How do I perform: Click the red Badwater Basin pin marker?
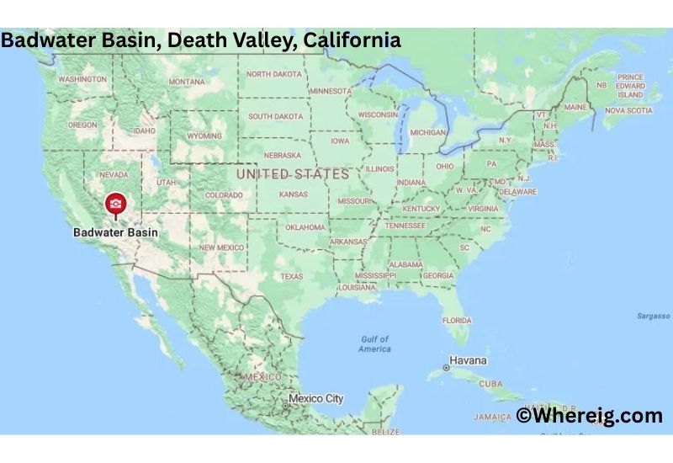point(115,204)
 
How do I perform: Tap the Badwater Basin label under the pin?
point(115,231)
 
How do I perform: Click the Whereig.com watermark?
point(589,415)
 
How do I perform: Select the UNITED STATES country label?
point(292,174)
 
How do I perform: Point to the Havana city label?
point(467,360)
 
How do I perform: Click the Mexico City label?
point(315,398)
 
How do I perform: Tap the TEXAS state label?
point(291,276)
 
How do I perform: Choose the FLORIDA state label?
point(457,320)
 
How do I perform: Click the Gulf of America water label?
point(374,343)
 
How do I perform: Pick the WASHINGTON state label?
point(82,79)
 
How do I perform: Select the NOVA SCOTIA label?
point(628,110)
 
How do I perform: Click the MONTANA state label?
point(186,82)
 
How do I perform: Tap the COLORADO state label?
point(223,195)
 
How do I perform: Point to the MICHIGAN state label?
point(427,132)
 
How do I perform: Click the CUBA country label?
point(490,383)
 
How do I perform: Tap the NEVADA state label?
point(114,174)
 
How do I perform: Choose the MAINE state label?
point(575,108)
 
